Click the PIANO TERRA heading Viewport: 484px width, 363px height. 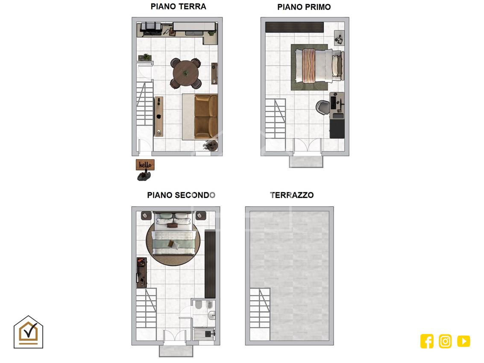click(178, 6)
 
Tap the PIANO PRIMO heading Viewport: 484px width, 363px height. click(304, 7)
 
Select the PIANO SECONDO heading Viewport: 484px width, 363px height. click(181, 195)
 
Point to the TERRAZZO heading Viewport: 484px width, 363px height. click(292, 195)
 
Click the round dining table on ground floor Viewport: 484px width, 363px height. click(185, 73)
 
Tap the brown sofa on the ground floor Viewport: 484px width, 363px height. click(206, 116)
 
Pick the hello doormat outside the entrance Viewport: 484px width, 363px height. click(145, 164)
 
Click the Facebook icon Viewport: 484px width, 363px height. click(427, 341)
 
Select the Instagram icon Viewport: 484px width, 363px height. click(445, 341)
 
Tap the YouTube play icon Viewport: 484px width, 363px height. click(463, 341)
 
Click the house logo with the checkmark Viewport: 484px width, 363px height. click(28, 332)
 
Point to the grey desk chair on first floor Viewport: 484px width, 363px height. click(323, 107)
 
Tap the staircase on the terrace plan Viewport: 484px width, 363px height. click(260, 308)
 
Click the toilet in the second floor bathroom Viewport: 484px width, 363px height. click(199, 304)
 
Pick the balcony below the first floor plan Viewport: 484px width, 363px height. click(306, 161)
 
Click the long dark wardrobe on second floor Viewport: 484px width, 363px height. click(210, 264)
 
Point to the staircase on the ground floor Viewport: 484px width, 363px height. click(145, 103)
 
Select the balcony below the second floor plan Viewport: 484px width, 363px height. click(176, 351)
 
